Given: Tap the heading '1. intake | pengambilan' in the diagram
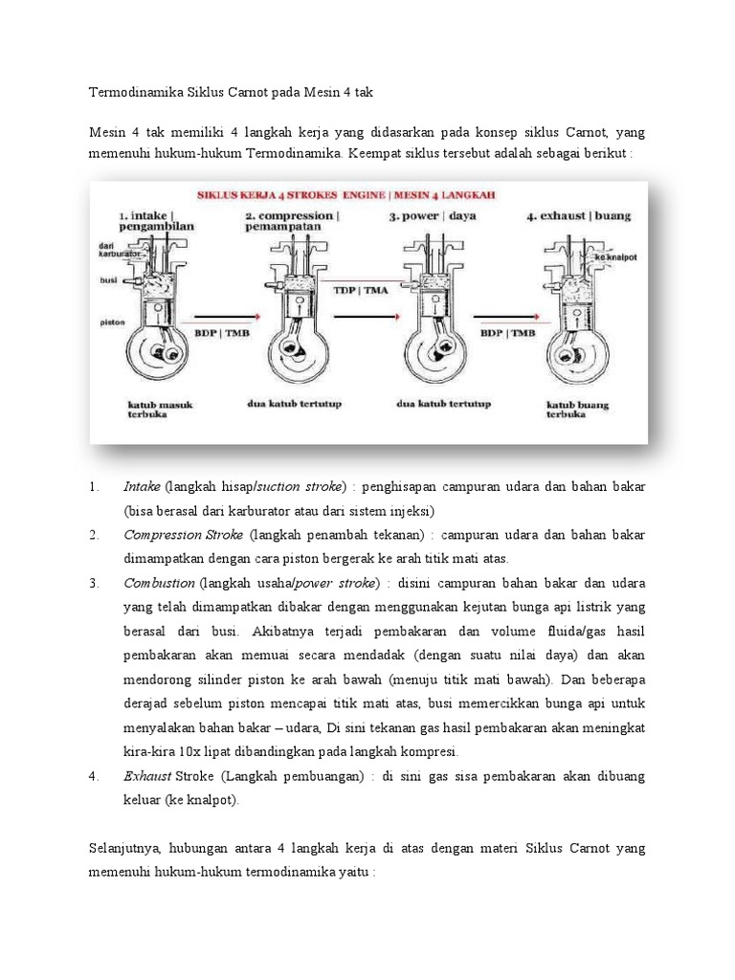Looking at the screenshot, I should tap(155, 223).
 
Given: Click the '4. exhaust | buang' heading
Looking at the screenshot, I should tap(578, 216).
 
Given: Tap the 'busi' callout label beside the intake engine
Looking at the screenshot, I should tap(108, 280).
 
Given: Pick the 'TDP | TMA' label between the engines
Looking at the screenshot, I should tap(360, 288).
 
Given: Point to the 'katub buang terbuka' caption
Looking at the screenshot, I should tap(580, 411).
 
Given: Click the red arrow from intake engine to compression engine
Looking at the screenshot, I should tap(226, 315).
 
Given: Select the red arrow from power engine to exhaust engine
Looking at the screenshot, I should tap(506, 315).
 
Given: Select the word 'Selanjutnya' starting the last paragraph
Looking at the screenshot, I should tap(126, 848).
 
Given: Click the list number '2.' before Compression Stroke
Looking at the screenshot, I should tap(95, 534).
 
